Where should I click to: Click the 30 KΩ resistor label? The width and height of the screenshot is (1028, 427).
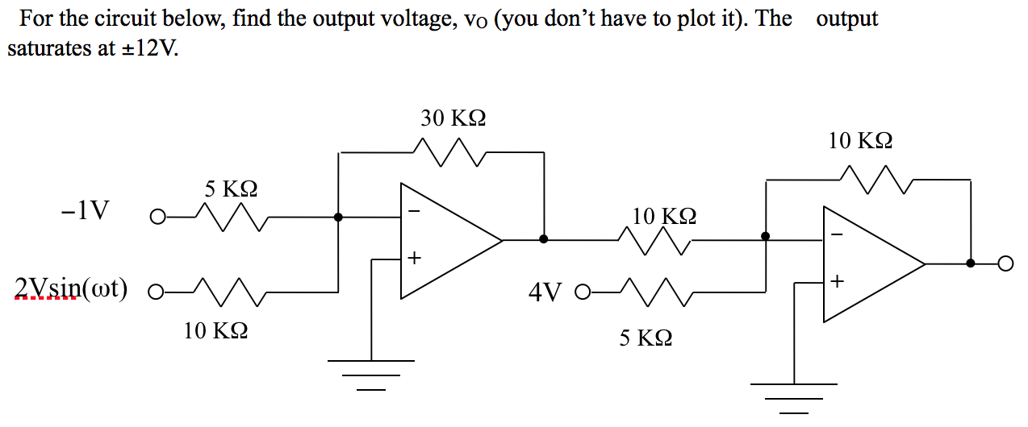(453, 119)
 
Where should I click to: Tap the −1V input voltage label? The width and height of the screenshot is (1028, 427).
(84, 211)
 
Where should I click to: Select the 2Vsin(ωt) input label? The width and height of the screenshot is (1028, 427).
(71, 288)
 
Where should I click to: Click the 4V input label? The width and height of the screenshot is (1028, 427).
(545, 291)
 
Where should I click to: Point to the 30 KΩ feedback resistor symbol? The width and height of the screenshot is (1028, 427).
(449, 151)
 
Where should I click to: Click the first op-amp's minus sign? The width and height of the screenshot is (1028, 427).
(415, 211)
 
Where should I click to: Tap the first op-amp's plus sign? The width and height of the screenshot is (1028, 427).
(415, 259)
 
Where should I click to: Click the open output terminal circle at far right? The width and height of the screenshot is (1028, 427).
(1005, 263)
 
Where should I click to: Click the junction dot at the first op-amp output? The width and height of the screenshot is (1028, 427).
(544, 239)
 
